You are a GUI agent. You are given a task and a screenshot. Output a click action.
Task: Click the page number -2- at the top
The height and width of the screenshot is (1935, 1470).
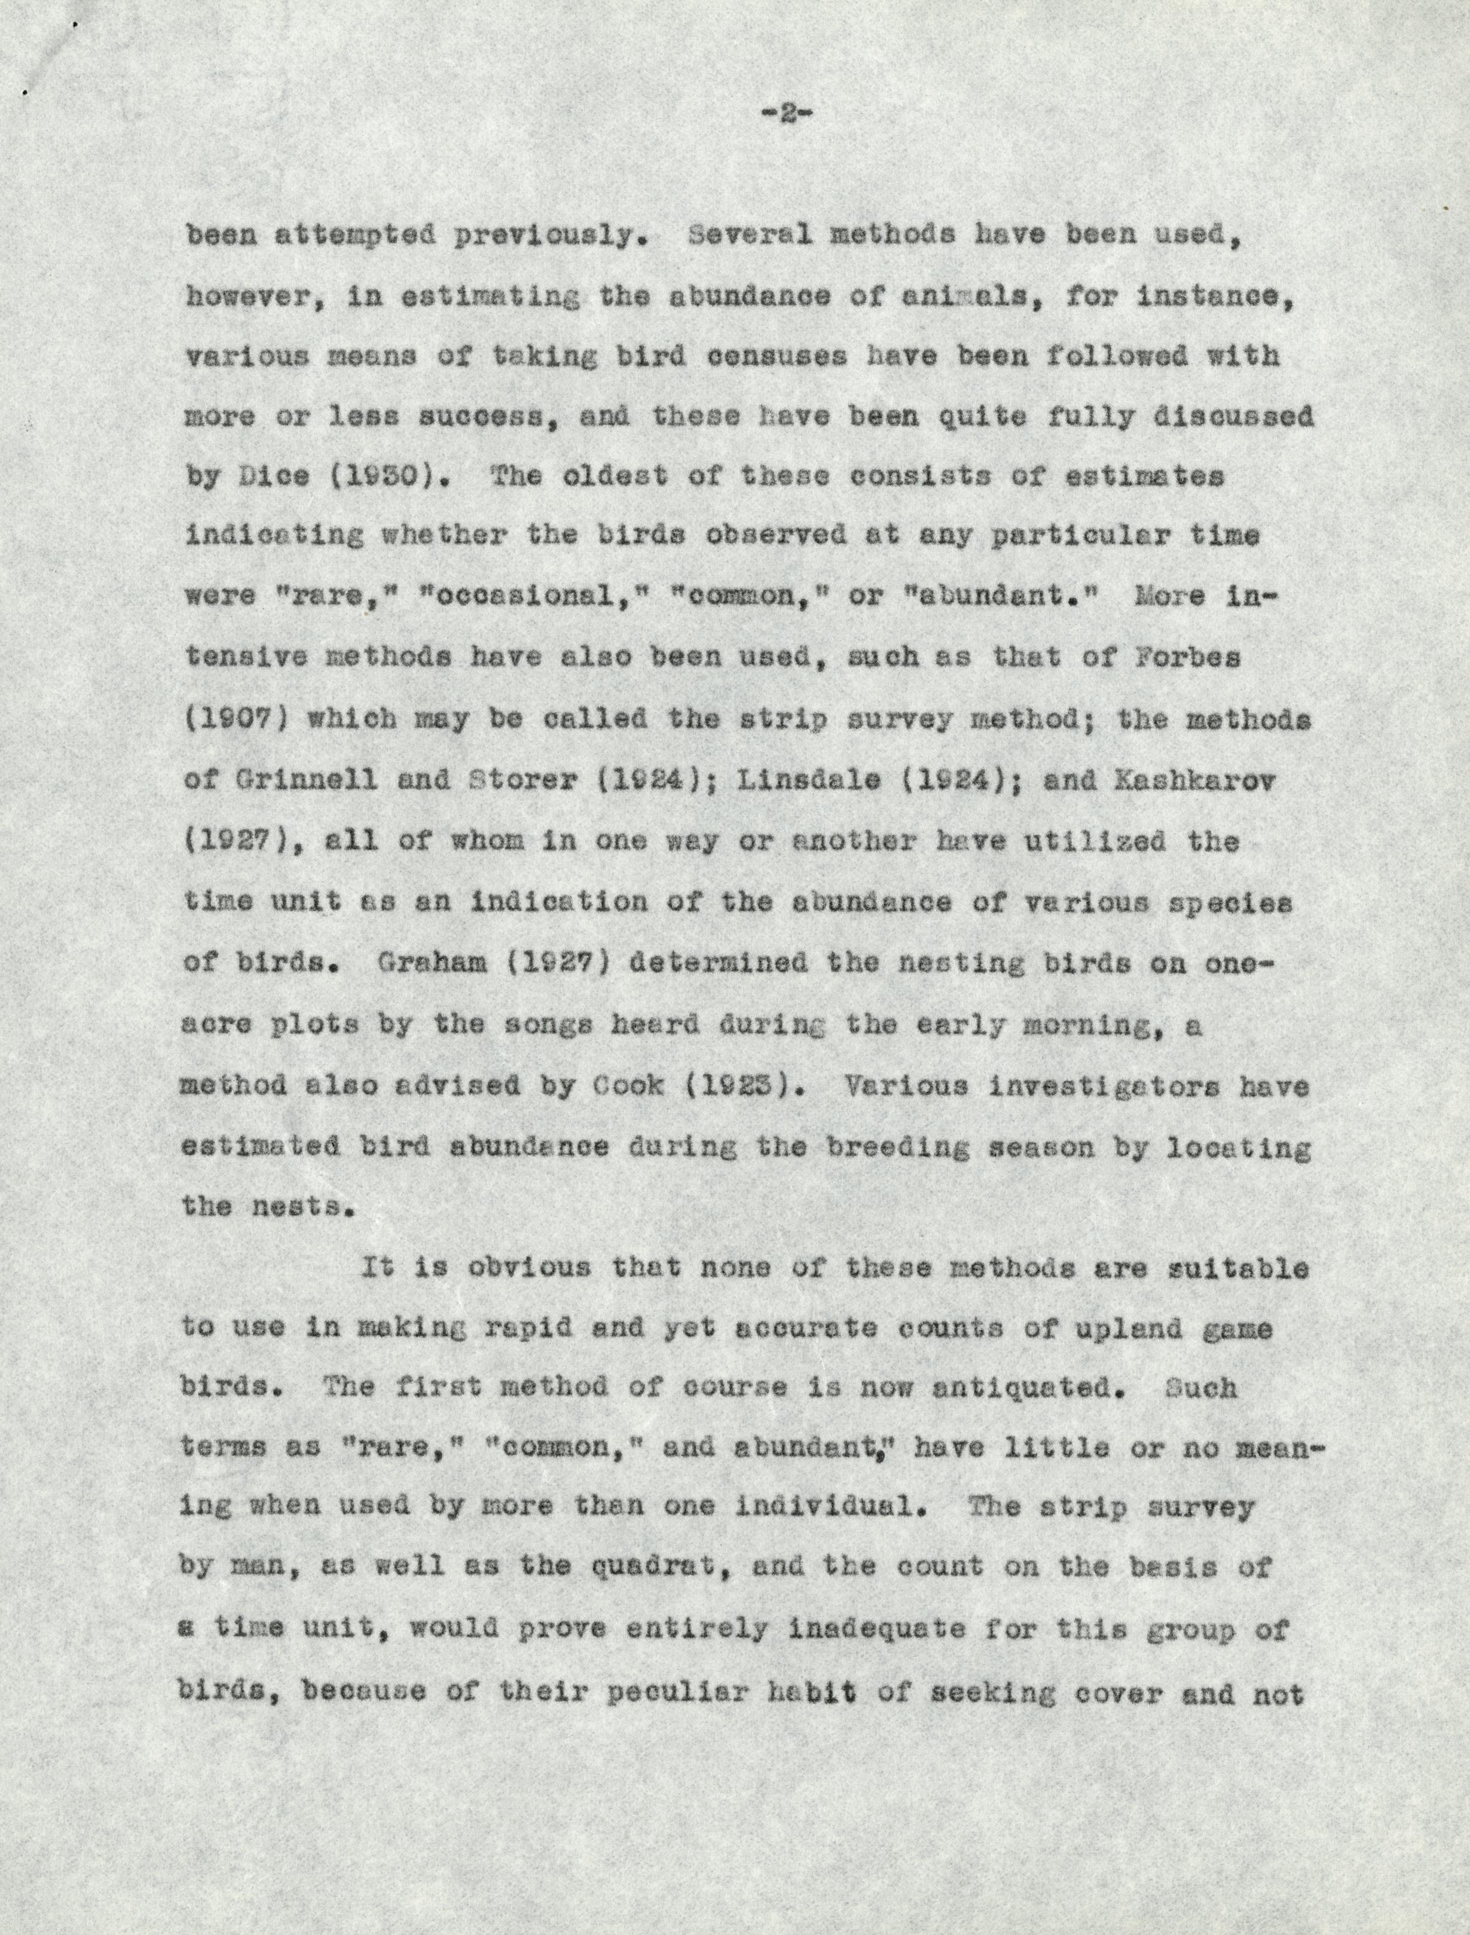coord(786,113)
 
